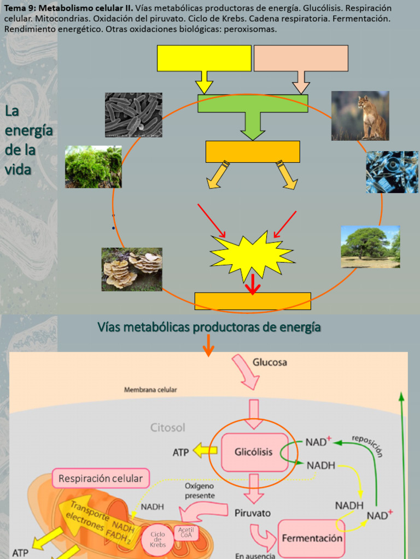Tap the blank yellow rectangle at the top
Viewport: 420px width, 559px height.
[204, 58]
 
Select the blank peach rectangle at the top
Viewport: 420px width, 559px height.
[301, 58]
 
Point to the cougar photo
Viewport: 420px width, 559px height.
[360, 116]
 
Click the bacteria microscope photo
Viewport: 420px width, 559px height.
[133, 115]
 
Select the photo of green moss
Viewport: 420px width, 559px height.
[94, 167]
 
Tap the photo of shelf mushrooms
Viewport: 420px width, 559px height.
[132, 269]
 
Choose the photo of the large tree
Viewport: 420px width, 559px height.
[370, 247]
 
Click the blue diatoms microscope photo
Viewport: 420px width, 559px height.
[392, 172]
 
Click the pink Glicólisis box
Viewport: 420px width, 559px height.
[254, 452]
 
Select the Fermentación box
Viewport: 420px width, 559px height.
[312, 538]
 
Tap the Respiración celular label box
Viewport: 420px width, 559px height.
[101, 479]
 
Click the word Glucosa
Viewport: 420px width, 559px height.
[270, 362]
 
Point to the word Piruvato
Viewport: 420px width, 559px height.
[252, 513]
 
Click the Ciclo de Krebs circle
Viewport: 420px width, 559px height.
[157, 540]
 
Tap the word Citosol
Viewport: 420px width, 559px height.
[168, 427]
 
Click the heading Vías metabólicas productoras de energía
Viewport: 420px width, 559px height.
[209, 327]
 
